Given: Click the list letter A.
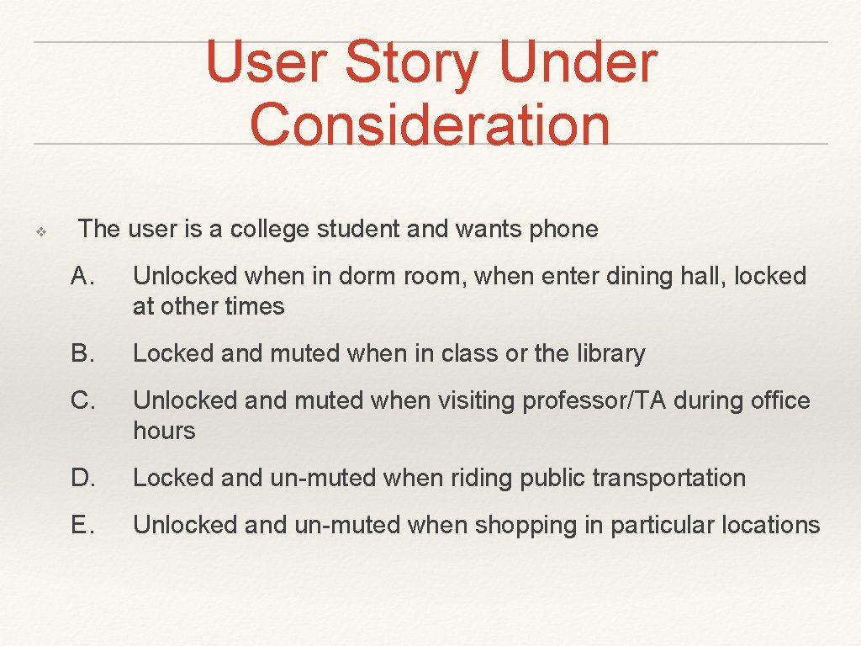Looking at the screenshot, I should coord(82,276).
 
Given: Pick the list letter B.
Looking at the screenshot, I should coord(82,353).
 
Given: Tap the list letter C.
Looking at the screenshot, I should coord(82,400).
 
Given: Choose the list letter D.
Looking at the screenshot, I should coord(82,478).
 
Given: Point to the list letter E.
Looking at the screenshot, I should coord(82,525).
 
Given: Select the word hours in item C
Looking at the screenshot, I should coord(164,431).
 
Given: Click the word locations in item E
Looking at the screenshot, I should coord(770,525).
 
